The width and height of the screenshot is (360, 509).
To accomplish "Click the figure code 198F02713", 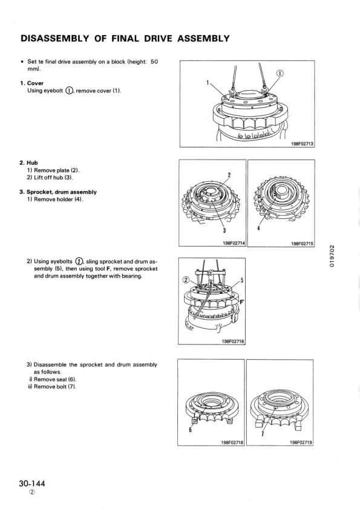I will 301,144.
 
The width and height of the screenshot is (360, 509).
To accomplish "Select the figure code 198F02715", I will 301,244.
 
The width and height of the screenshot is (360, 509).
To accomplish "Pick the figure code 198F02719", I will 301,443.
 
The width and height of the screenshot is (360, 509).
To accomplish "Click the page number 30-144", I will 31,484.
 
